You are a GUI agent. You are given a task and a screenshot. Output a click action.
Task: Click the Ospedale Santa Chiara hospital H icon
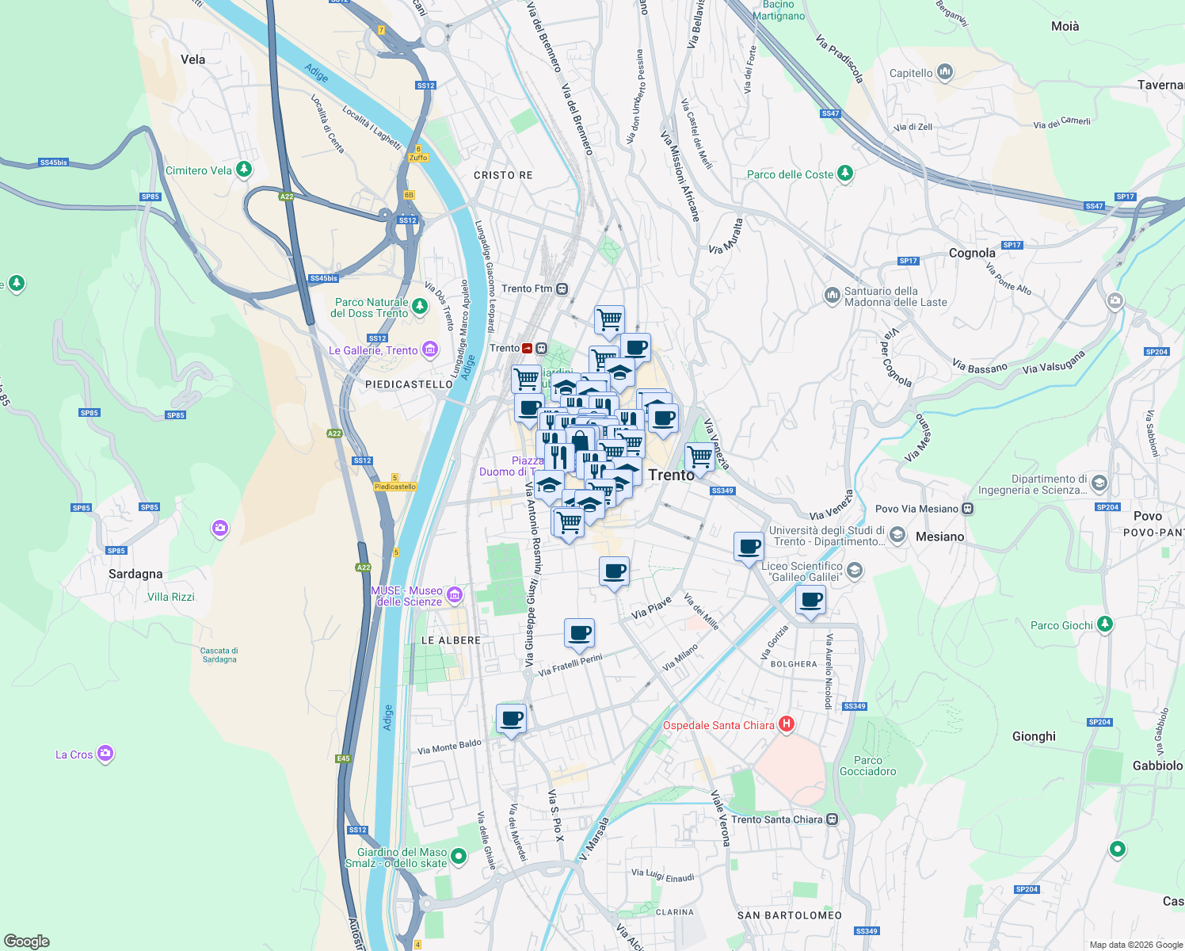pos(787,724)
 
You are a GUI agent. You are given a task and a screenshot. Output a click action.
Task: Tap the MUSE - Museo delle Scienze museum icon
pos(455,594)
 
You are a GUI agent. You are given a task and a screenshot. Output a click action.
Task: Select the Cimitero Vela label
pos(199,170)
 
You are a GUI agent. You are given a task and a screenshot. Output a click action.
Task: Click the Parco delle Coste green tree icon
pos(845,173)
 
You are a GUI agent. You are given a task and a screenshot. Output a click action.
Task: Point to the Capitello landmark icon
pos(944,73)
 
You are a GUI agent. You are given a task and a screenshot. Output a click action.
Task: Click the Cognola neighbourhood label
pos(972,254)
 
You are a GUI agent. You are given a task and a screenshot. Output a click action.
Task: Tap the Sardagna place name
pos(135,574)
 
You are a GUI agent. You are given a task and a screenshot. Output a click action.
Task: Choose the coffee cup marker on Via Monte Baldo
pos(512,718)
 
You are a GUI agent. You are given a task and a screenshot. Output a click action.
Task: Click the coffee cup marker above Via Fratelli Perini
pos(579,632)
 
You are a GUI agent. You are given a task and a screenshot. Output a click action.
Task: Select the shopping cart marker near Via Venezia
pos(699,456)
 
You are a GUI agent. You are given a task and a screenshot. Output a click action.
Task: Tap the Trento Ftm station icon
pos(562,288)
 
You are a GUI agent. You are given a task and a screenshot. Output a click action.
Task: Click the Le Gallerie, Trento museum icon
pos(430,349)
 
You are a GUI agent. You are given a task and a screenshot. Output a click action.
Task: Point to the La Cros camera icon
pos(105,754)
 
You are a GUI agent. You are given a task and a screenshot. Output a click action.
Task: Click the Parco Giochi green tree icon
pos(1104,624)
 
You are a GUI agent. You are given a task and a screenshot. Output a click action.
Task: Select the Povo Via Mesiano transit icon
pos(967,509)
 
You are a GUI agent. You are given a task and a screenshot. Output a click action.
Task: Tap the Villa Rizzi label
pos(171,597)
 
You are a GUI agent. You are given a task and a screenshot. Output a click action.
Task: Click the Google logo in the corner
pos(27,941)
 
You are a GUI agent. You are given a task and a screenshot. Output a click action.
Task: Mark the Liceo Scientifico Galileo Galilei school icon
pos(854,570)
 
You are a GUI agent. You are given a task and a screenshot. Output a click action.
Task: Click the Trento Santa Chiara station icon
pos(832,819)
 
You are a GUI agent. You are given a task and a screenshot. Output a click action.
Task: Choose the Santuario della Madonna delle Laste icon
pos(832,296)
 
